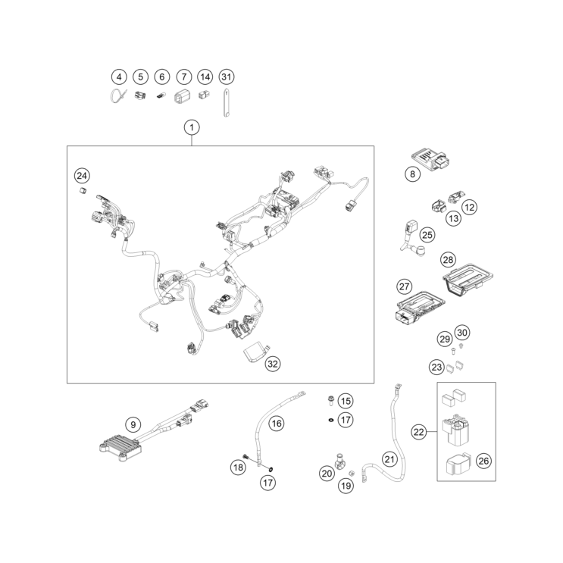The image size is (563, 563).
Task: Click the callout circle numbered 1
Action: coord(192,127)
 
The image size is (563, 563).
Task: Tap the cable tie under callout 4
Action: coord(118,96)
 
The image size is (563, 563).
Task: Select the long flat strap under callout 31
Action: coord(227,102)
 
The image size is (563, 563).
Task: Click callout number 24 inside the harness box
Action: coord(82,176)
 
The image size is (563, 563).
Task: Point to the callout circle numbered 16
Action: coord(276,424)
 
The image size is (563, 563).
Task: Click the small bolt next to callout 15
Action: coord(330,400)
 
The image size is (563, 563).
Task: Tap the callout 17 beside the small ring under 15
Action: coord(346,420)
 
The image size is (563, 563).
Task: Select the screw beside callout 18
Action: coord(246,456)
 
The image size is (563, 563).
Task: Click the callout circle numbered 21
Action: coord(389,459)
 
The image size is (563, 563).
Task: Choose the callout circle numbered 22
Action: coord(419,432)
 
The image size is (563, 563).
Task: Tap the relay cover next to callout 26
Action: coord(458,464)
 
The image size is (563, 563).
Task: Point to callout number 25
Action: coord(427,235)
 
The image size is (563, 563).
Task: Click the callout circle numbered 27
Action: coord(405,286)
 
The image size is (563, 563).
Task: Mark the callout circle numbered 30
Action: coord(462,333)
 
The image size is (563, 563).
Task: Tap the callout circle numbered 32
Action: coord(273,364)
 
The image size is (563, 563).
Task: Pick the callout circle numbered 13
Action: coord(453,218)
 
